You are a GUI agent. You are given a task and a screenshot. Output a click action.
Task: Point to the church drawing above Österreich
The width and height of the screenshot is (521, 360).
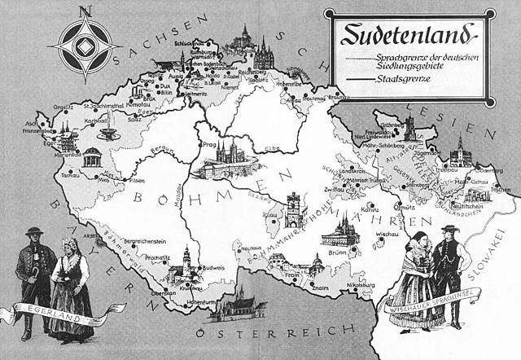[x=242, y=305]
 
